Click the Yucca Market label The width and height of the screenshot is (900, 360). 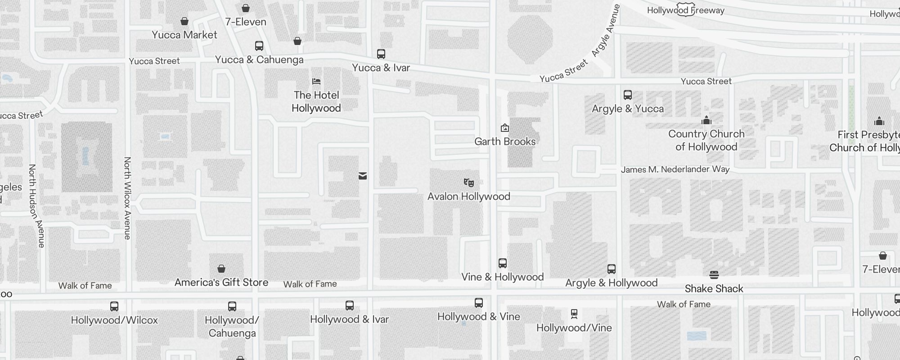pyautogui.click(x=184, y=35)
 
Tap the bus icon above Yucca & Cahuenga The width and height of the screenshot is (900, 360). pyautogui.click(x=259, y=46)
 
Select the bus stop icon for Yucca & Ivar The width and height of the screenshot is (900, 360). pyautogui.click(x=381, y=54)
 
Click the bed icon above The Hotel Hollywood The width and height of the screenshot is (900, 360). pyautogui.click(x=316, y=81)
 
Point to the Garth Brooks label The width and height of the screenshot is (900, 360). pyautogui.click(x=505, y=141)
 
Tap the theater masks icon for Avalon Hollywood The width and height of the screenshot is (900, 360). pyautogui.click(x=469, y=182)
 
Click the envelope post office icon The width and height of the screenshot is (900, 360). pyautogui.click(x=363, y=176)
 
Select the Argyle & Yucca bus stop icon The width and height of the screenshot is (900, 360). pyautogui.click(x=628, y=95)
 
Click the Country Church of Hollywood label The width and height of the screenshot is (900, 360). pyautogui.click(x=706, y=140)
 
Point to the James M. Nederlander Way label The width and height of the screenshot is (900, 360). pyautogui.click(x=675, y=170)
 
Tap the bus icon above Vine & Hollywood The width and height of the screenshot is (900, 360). pyautogui.click(x=503, y=263)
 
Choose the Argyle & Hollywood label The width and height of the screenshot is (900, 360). pyautogui.click(x=611, y=283)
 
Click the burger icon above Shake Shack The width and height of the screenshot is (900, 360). pyautogui.click(x=714, y=274)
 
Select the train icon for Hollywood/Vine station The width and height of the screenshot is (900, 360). pyautogui.click(x=574, y=314)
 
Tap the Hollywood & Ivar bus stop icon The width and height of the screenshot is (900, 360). pyautogui.click(x=350, y=306)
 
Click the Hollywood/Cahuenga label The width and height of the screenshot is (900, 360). pyautogui.click(x=232, y=326)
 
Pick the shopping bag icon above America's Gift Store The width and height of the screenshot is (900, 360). pyautogui.click(x=221, y=269)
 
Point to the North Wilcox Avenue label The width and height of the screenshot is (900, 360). pyautogui.click(x=127, y=198)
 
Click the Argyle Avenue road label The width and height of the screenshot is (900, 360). pyautogui.click(x=606, y=31)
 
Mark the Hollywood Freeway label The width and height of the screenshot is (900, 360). pyautogui.click(x=686, y=10)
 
